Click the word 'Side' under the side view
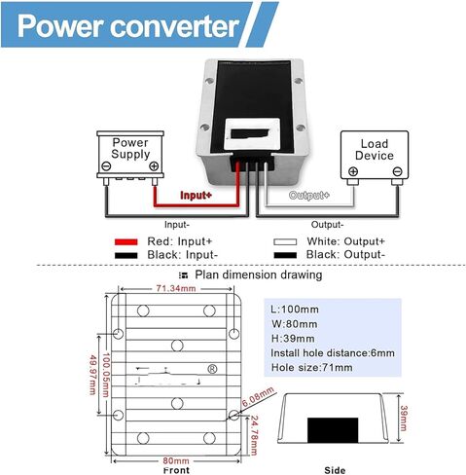pyautogui.click(x=335, y=469)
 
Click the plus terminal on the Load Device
pyautogui.click(x=352, y=172)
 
